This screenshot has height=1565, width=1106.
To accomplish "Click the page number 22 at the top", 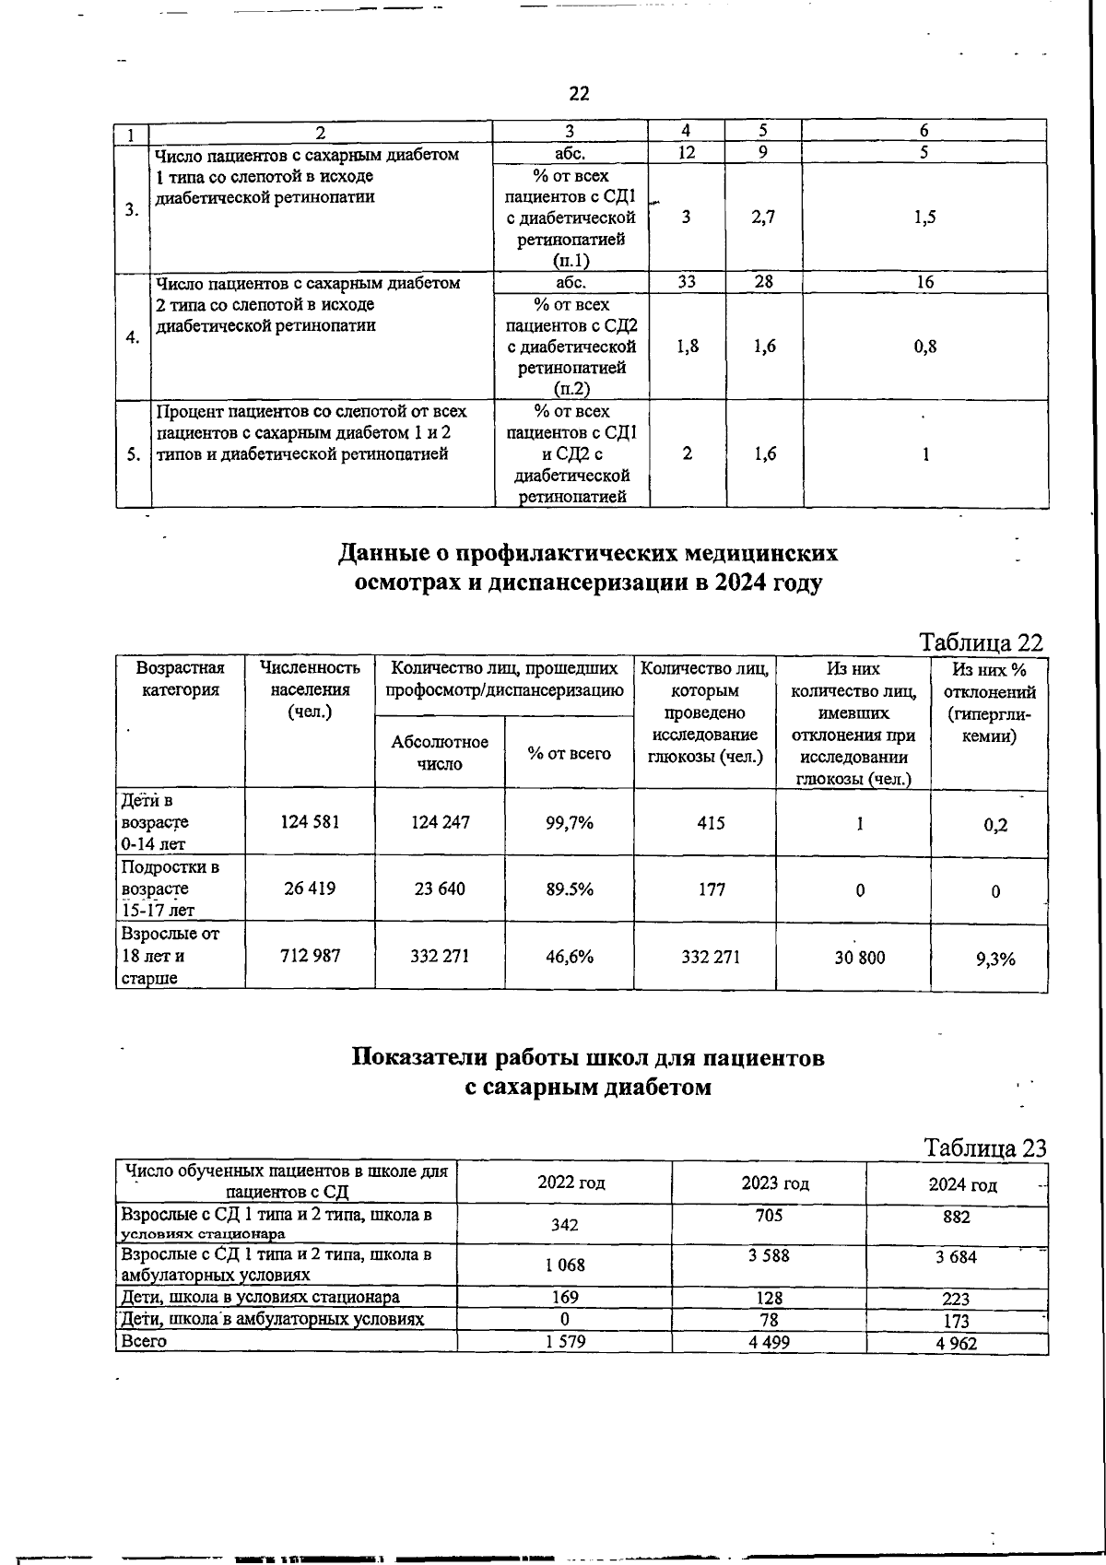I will coord(579,93).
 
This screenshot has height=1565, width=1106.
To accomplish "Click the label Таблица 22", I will coord(982,642).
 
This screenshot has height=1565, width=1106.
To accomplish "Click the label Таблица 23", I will coord(984,1147).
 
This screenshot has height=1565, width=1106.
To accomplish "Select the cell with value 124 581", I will coord(310,821).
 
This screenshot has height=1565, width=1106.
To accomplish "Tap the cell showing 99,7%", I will coord(569,822).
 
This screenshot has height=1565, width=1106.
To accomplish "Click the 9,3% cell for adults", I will coord(994,959).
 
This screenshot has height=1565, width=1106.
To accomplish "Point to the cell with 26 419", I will coord(310,889).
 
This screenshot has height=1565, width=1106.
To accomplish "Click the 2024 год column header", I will coord(962,1185).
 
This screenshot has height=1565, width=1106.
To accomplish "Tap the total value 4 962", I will coord(956,1343).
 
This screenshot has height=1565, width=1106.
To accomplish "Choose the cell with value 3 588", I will coord(769,1256).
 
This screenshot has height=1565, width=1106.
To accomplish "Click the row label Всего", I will coord(144,1341).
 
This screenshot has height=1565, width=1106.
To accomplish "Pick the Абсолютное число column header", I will coord(440,753).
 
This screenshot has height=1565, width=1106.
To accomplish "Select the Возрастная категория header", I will coord(181,679).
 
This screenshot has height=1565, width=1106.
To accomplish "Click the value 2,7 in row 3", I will coord(763,218).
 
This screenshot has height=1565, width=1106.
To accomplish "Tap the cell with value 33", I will coord(687,282).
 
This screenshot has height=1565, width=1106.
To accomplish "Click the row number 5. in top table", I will coord(133,453).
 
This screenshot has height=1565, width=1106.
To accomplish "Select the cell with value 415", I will coord(711,822).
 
